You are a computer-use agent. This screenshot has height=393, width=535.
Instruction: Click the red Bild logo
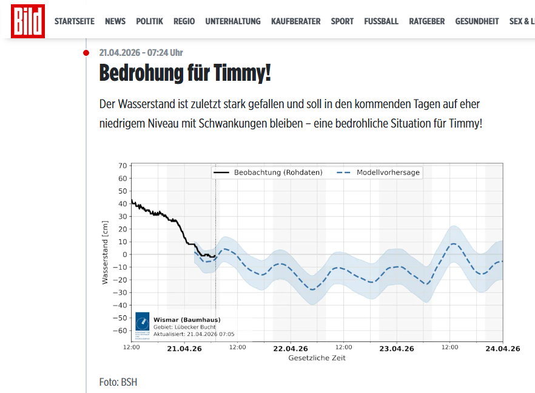point(28,21)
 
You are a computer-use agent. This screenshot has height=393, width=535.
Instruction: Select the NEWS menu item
point(115,21)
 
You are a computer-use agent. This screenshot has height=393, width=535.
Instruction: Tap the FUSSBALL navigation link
point(381,21)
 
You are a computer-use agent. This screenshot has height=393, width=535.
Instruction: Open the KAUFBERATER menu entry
point(295,21)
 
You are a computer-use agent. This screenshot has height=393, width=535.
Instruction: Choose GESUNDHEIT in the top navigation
point(477,21)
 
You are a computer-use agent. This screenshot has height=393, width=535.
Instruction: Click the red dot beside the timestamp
point(86,53)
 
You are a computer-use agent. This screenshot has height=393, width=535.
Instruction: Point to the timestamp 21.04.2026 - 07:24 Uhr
point(141,53)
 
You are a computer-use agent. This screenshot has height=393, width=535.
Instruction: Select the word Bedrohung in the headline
point(141,73)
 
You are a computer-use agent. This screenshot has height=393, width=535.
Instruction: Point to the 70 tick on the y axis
point(123,166)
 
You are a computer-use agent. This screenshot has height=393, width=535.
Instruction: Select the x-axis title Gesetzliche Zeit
point(317,358)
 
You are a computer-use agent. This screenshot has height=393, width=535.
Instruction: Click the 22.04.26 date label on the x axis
point(291,349)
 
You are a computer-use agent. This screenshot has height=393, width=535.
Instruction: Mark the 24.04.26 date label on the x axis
point(502,349)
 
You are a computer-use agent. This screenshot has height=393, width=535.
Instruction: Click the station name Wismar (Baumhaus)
point(187,320)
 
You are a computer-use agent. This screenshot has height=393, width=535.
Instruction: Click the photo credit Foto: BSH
point(118,382)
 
